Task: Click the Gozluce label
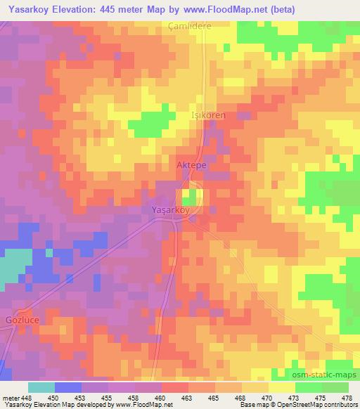pos(17,310)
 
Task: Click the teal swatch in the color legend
pos(41,387)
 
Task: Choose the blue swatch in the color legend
pos(68,387)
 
